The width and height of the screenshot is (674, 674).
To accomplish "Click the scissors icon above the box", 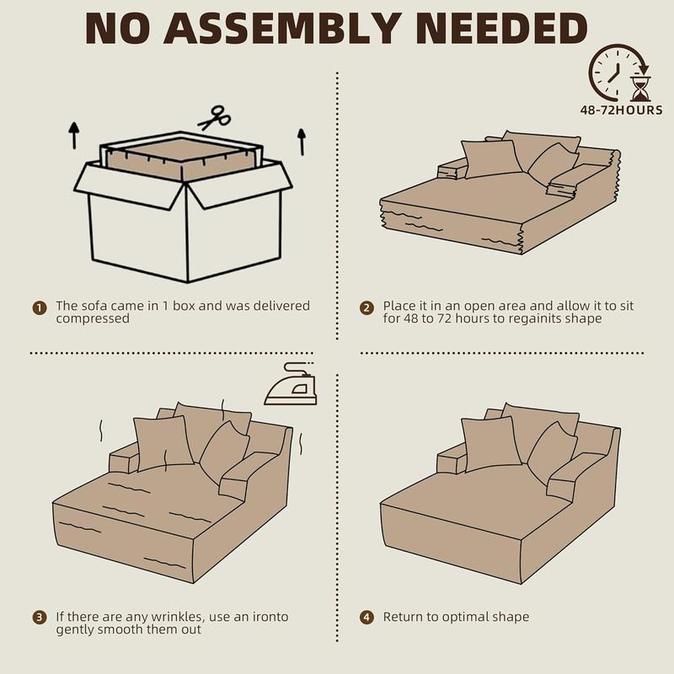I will (x=215, y=117).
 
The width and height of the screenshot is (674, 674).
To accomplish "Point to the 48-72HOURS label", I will (x=622, y=110).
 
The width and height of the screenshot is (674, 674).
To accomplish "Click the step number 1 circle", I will (x=40, y=307).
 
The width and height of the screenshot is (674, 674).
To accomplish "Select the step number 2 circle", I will (x=366, y=307).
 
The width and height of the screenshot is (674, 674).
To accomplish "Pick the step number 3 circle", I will (x=40, y=618).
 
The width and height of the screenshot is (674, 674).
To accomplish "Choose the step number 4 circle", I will (x=366, y=618).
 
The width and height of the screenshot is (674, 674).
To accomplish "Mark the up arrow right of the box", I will (x=301, y=140).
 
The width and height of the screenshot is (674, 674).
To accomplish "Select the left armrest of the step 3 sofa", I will (x=122, y=461).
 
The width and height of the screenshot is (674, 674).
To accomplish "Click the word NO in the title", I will (x=123, y=29).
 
